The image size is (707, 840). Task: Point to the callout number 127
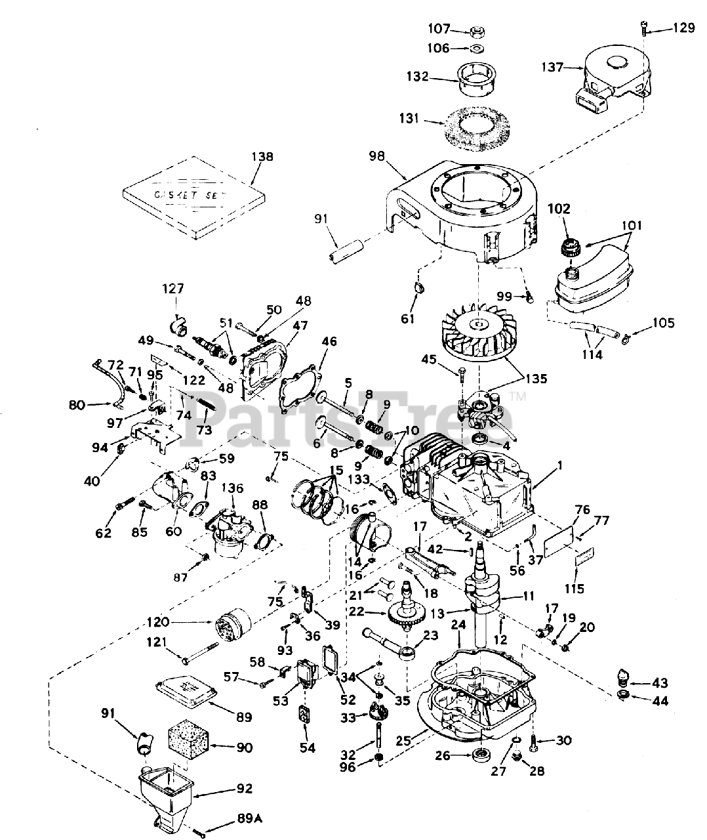[174, 288]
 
